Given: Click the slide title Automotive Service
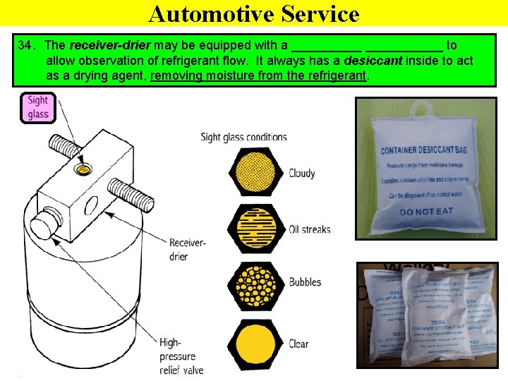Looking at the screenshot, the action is coord(254,13).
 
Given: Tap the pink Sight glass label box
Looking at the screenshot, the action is coord(38,107).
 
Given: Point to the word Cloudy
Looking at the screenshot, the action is coord(302,174).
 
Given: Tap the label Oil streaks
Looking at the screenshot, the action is coord(309,229).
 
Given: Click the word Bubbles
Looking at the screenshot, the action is coord(305,282).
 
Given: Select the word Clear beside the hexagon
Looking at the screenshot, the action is coord(298,344).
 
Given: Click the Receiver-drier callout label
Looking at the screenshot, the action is coord(187,249).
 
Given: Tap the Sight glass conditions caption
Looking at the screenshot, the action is coord(243,137).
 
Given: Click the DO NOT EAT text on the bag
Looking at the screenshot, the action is coord(427,212).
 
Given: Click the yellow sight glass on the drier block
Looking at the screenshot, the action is coord(85,170).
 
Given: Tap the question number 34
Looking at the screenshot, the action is coord(25,46).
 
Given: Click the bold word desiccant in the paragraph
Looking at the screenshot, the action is coord(373,61).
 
